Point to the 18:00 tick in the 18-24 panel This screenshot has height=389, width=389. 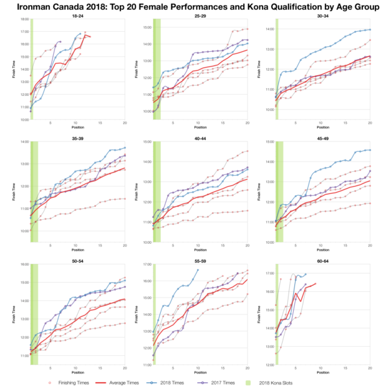pos(24,19)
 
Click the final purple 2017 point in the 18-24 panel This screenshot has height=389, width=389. pos(61,41)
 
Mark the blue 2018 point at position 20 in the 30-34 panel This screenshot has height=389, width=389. pos(370,30)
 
